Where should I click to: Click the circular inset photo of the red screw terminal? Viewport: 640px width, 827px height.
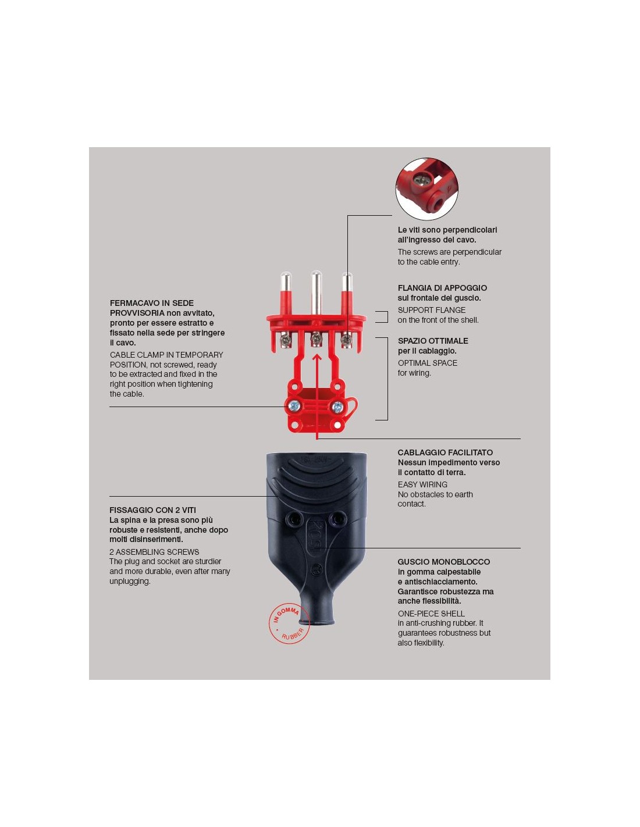click(426, 189)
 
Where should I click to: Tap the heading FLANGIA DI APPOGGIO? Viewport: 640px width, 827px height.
click(442, 288)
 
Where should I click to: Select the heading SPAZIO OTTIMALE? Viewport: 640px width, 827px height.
click(433, 341)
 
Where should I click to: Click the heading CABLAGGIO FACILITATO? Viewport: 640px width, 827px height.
click(445, 452)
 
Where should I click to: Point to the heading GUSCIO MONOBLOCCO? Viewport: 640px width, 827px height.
click(443, 561)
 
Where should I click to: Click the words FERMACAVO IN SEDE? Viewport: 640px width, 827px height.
click(151, 303)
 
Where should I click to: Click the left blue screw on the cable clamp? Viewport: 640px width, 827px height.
click(293, 406)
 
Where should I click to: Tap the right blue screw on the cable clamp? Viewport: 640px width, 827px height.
click(336, 407)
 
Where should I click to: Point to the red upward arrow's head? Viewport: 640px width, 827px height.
click(317, 358)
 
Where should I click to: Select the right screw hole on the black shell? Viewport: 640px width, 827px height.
click(337, 518)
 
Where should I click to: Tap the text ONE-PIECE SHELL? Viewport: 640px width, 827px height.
click(431, 614)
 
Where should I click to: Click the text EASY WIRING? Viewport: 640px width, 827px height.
click(422, 484)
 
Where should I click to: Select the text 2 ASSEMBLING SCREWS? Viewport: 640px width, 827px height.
click(154, 551)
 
